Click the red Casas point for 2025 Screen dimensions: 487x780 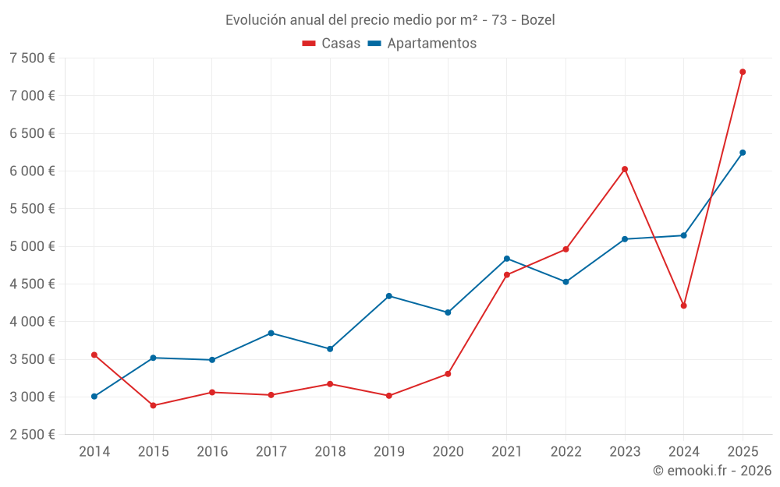743,72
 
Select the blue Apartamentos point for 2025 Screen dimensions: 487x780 743,153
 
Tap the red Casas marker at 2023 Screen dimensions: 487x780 625,169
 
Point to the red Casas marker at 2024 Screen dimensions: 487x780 683,305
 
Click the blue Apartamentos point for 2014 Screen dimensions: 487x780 94,397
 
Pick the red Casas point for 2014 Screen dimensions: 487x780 94,355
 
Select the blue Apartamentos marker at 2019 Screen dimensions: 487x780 388,296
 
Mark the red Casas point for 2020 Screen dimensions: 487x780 448,374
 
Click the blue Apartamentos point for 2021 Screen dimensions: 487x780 506,259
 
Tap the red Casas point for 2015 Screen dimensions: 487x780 153,405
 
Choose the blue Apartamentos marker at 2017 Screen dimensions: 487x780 271,333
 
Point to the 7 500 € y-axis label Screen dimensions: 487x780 32,58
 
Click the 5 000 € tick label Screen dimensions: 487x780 32,246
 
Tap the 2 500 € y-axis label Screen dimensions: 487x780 32,435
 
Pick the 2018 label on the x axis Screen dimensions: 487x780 330,452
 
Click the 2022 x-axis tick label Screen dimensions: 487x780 565,452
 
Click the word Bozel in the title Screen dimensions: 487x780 537,20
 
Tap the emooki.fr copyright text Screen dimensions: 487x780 711,471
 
